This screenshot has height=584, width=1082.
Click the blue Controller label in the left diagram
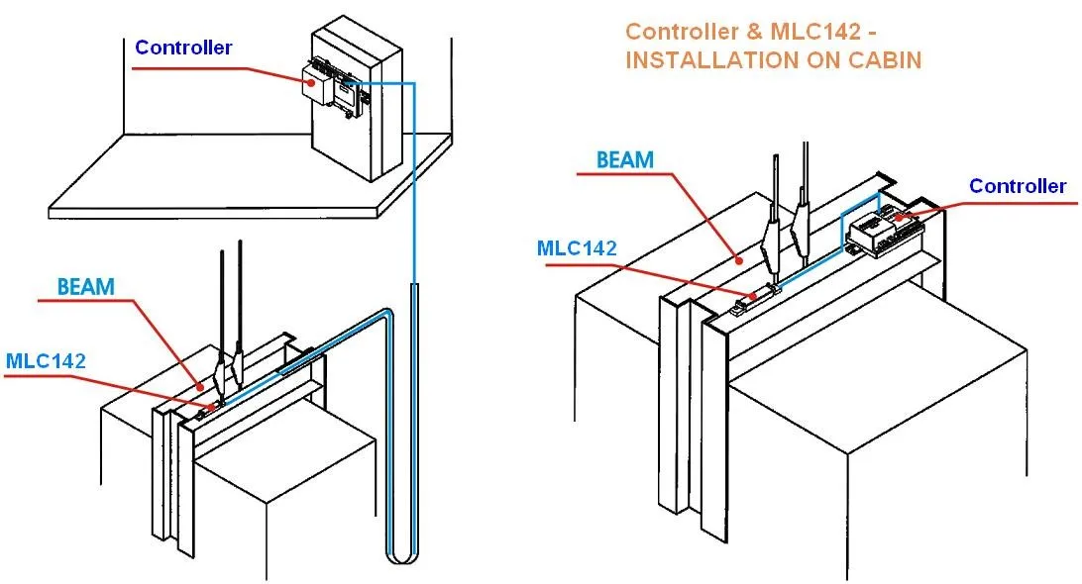pyautogui.click(x=183, y=48)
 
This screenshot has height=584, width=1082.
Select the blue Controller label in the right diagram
pyautogui.click(x=1017, y=186)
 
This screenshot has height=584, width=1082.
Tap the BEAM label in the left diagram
pyautogui.click(x=85, y=287)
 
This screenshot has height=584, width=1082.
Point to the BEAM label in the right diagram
pyautogui.click(x=624, y=159)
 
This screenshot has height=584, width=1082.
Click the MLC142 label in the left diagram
pyautogui.click(x=46, y=360)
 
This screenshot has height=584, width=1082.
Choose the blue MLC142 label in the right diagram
pyautogui.click(x=578, y=246)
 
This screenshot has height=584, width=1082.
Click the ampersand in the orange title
pyautogui.click(x=745, y=32)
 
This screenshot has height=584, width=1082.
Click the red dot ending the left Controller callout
pyautogui.click(x=311, y=83)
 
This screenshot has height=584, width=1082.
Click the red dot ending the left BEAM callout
pyautogui.click(x=203, y=386)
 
